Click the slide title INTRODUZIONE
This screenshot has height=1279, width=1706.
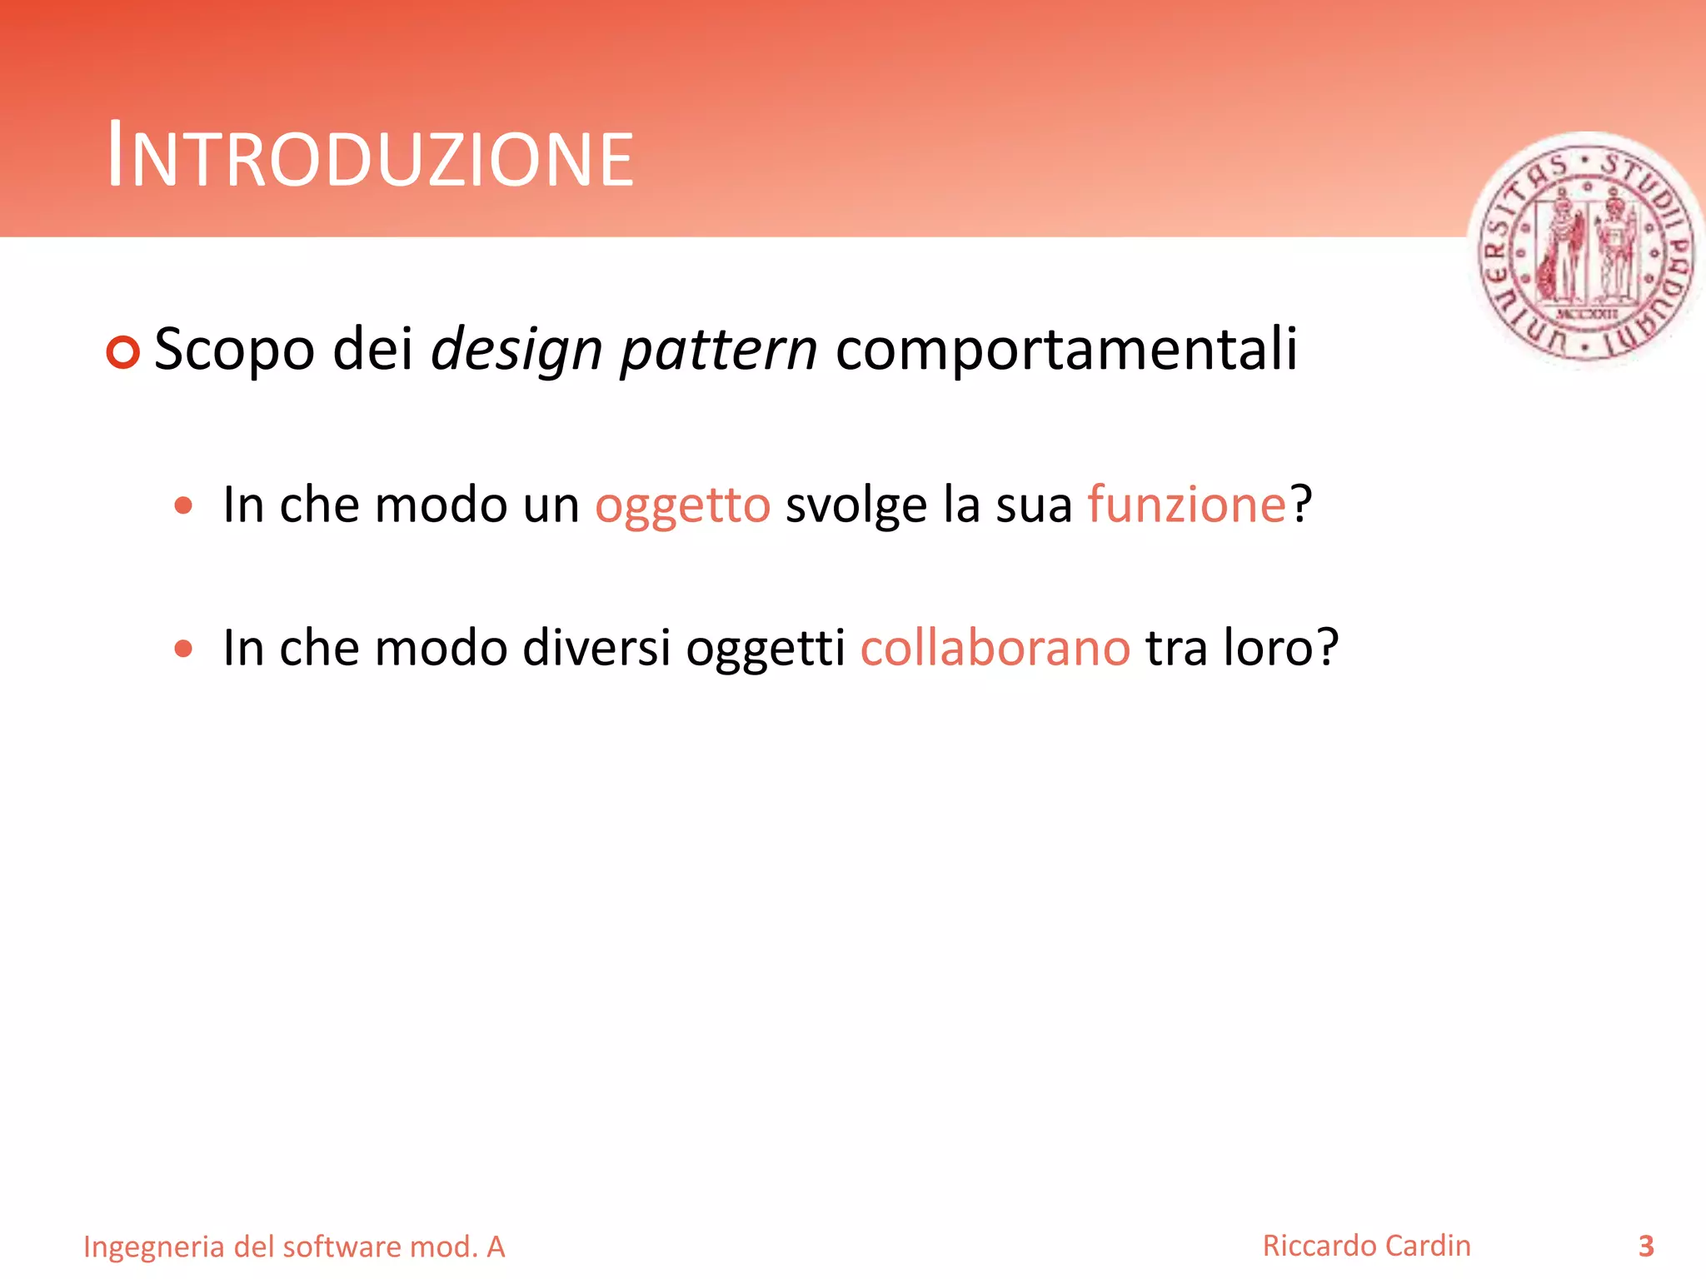(x=371, y=157)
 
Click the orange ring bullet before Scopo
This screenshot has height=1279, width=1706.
(x=123, y=352)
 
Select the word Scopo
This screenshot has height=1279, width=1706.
(x=234, y=350)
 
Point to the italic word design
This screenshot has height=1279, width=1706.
(x=516, y=350)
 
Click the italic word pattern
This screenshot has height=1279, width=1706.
(x=719, y=350)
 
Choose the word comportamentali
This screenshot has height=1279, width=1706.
(x=1066, y=350)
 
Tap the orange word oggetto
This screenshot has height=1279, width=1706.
(x=682, y=505)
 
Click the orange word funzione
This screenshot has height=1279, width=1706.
(x=1187, y=505)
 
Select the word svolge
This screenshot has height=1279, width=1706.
(x=855, y=505)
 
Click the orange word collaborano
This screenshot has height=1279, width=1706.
(x=995, y=648)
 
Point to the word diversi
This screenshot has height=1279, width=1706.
(x=596, y=648)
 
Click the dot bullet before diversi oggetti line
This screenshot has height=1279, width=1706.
(x=184, y=649)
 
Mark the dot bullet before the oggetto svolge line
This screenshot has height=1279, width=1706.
(x=184, y=505)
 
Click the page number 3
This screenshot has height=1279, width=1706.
(x=1646, y=1246)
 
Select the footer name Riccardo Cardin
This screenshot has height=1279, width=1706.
(x=1366, y=1246)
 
